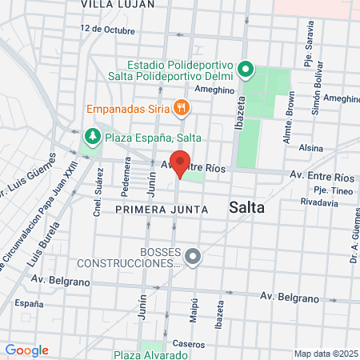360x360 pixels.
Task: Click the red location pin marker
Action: coord(180,162)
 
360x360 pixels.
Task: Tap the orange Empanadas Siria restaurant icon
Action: coord(182,106)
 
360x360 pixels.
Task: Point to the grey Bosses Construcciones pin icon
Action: coord(192,257)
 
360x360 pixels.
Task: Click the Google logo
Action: coord(26,350)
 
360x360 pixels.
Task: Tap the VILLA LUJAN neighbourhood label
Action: coord(114,4)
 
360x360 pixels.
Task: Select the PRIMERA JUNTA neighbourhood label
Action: coord(162,209)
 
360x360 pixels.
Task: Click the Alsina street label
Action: coord(310,149)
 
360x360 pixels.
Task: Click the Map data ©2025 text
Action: coord(325,354)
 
